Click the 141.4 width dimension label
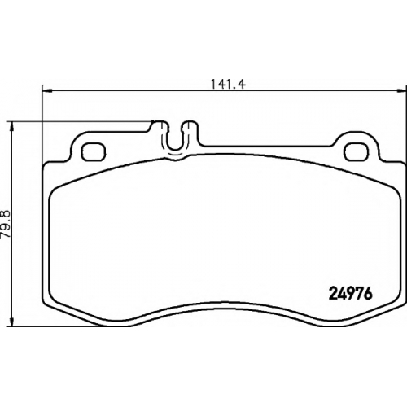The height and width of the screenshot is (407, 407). tap(228, 85)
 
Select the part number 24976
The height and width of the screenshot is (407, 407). tap(350, 294)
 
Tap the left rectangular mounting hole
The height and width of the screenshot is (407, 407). tap(94, 151)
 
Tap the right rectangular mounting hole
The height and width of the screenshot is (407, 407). tap(357, 151)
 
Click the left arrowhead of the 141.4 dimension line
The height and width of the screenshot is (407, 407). tap(47, 91)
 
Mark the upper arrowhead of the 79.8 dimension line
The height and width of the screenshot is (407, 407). tap(11, 127)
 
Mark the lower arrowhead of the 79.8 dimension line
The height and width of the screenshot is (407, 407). tap(11, 322)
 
